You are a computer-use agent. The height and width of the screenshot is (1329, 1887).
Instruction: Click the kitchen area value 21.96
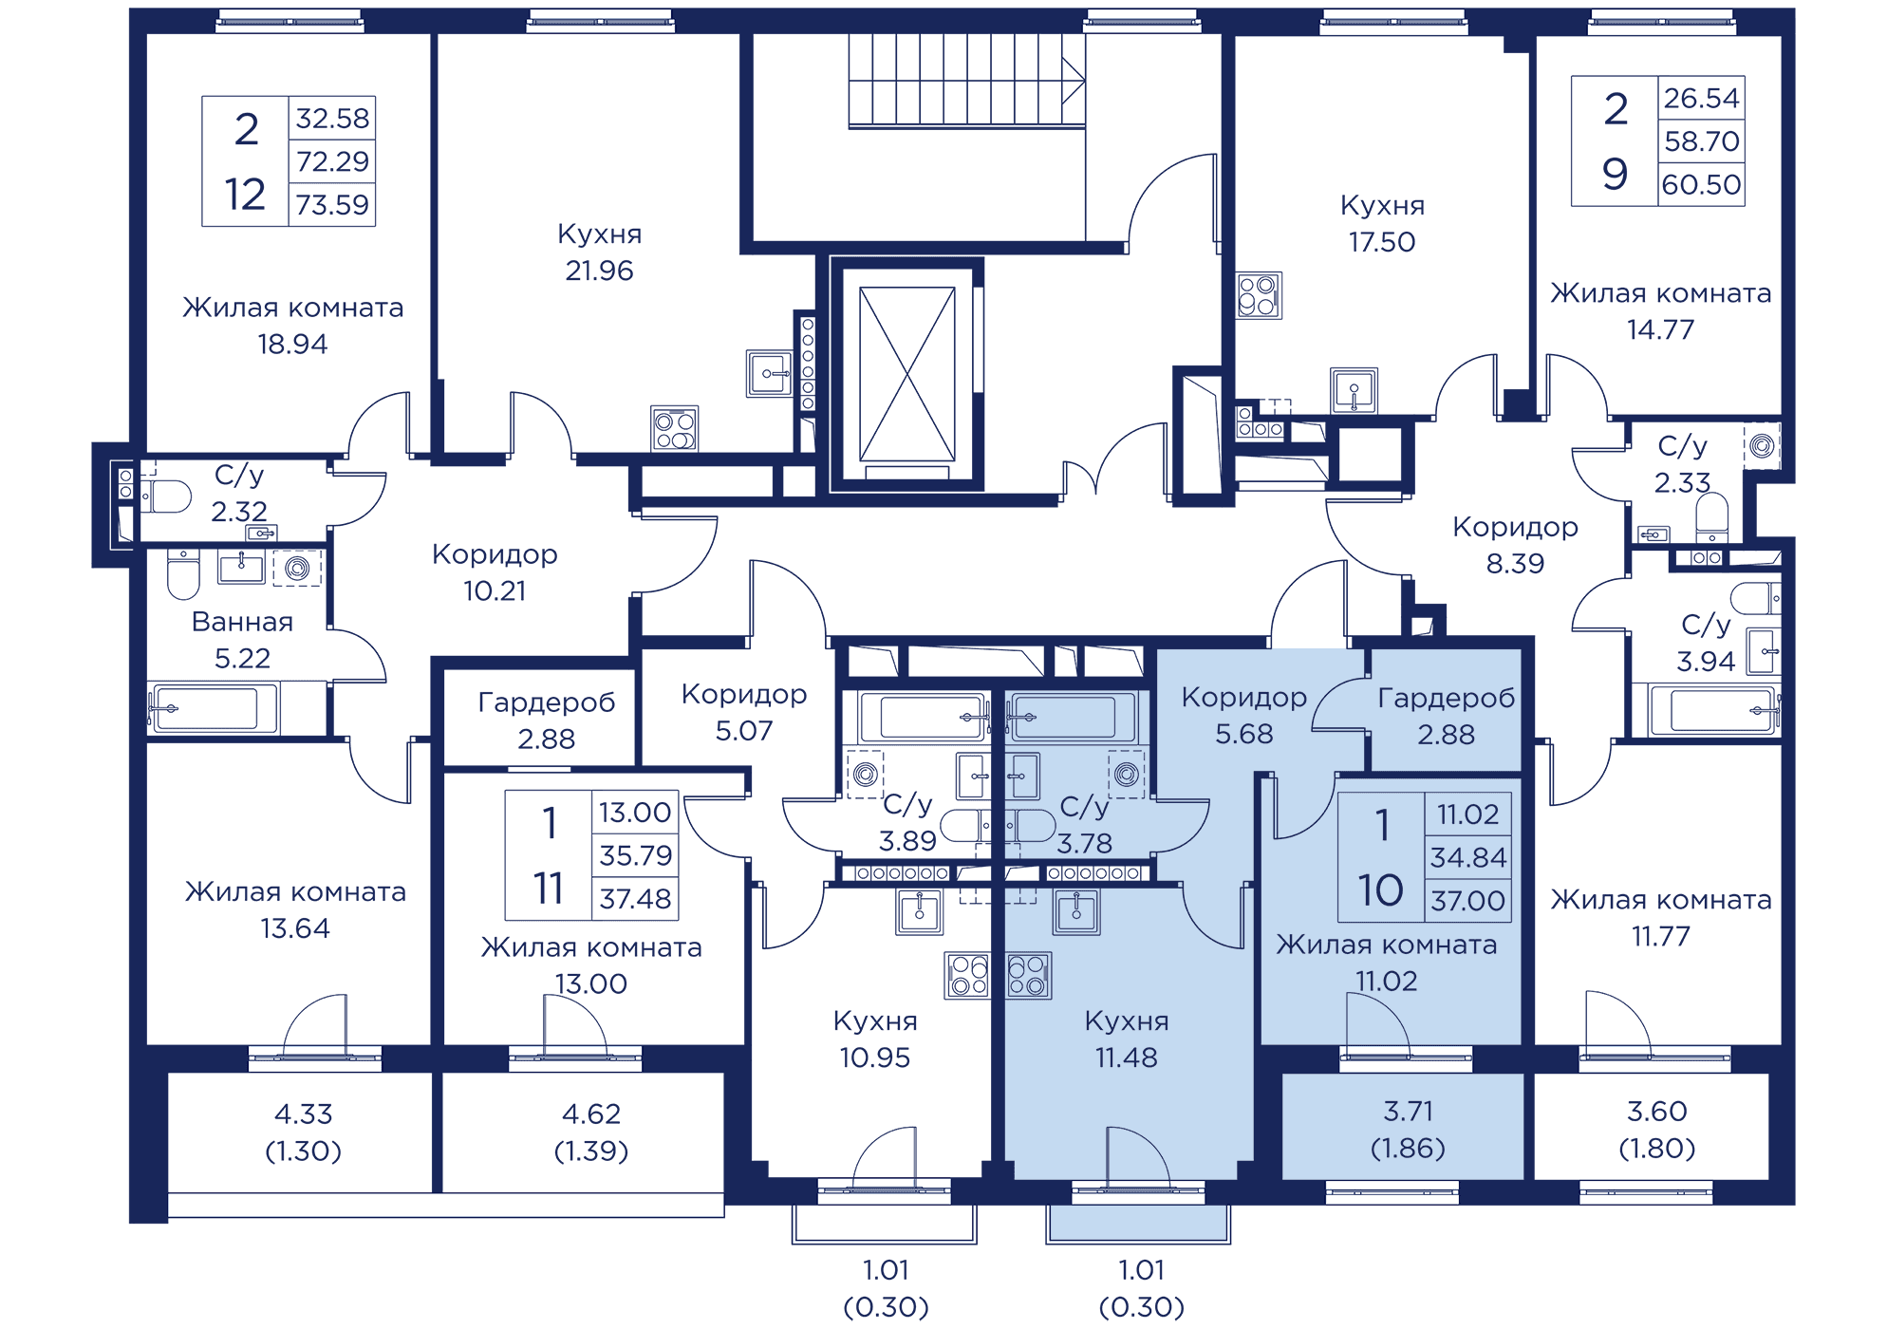tap(599, 271)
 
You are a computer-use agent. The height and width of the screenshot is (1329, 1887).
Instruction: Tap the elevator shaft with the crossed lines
tap(906, 374)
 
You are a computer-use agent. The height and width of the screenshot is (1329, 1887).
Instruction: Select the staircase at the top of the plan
tap(966, 81)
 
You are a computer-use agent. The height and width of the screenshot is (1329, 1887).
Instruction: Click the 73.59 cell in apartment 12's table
tap(331, 205)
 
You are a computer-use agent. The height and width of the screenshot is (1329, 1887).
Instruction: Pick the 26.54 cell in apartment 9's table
tap(1701, 98)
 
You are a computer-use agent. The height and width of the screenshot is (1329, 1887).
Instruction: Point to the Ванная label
tap(242, 622)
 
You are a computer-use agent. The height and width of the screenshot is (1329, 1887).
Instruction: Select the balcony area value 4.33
tap(303, 1114)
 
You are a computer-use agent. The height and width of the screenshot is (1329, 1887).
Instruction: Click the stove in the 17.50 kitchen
tap(1259, 295)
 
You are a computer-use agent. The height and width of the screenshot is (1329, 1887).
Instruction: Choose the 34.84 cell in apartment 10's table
tap(1467, 857)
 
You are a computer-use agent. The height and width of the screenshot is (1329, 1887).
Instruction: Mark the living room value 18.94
tap(292, 345)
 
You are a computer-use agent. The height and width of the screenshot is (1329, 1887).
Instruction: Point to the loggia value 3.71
tap(1408, 1111)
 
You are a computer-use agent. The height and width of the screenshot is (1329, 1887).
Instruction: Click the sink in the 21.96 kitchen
tap(768, 373)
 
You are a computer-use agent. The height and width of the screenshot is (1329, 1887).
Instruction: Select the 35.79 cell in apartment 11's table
tap(635, 855)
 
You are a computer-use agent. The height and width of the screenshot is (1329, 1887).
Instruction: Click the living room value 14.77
tap(1660, 330)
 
